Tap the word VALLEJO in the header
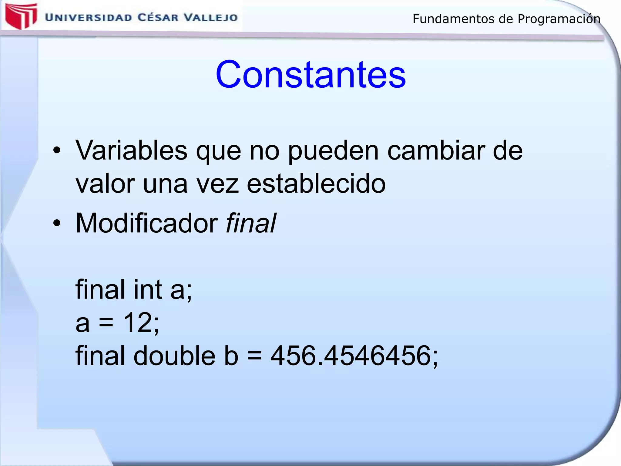point(211,17)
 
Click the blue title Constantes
point(310,75)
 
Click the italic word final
point(251,223)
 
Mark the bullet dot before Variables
point(57,150)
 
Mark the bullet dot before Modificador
point(57,223)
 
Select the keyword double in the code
point(174,356)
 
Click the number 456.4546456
point(350,356)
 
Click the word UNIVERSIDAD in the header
point(89,17)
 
